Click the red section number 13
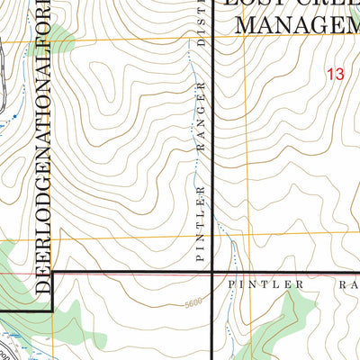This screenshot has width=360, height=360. click(x=336, y=76)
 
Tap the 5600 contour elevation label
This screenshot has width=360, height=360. click(x=188, y=304)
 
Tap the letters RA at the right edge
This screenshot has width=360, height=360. click(x=346, y=283)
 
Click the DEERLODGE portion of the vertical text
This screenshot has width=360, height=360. click(x=41, y=244)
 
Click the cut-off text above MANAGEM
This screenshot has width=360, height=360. click(x=288, y=4)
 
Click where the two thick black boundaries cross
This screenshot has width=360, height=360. click(x=211, y=272)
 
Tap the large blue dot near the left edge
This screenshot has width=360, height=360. click(x=15, y=117)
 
